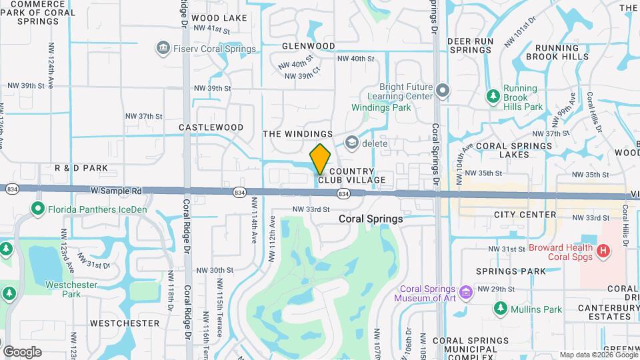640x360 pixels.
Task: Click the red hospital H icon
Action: pos(603,251)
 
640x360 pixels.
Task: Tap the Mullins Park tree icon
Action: pos(501,309)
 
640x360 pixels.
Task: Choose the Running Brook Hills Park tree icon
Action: pos(493,97)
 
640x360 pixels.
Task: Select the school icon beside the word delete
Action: pos(351,143)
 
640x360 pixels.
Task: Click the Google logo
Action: pos(22,351)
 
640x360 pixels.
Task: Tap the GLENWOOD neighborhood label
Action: pos(308,46)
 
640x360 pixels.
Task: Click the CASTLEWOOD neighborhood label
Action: pos(211,127)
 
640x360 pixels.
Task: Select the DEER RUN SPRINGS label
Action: pos(470,45)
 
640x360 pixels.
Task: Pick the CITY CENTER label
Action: pos(525,215)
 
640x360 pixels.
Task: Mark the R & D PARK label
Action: pos(81,168)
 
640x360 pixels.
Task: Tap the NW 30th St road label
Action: pos(215,271)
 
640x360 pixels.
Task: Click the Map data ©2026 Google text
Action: pos(598,355)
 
